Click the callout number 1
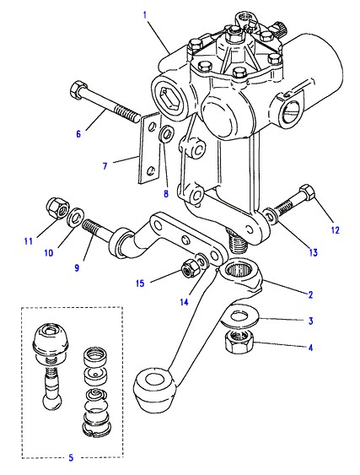coord(145,15)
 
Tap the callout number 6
coord(78,133)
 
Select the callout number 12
coord(336,230)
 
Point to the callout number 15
coord(140,283)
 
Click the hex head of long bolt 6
coord(78,89)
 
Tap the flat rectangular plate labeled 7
coord(149,148)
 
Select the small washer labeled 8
coord(166,133)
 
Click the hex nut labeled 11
coord(57,208)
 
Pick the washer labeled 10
coord(76,216)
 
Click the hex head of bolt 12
coord(308,192)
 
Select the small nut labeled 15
coord(189,267)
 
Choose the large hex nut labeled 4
coord(240,341)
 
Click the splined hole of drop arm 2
coord(241,268)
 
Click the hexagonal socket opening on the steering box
coord(168,98)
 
